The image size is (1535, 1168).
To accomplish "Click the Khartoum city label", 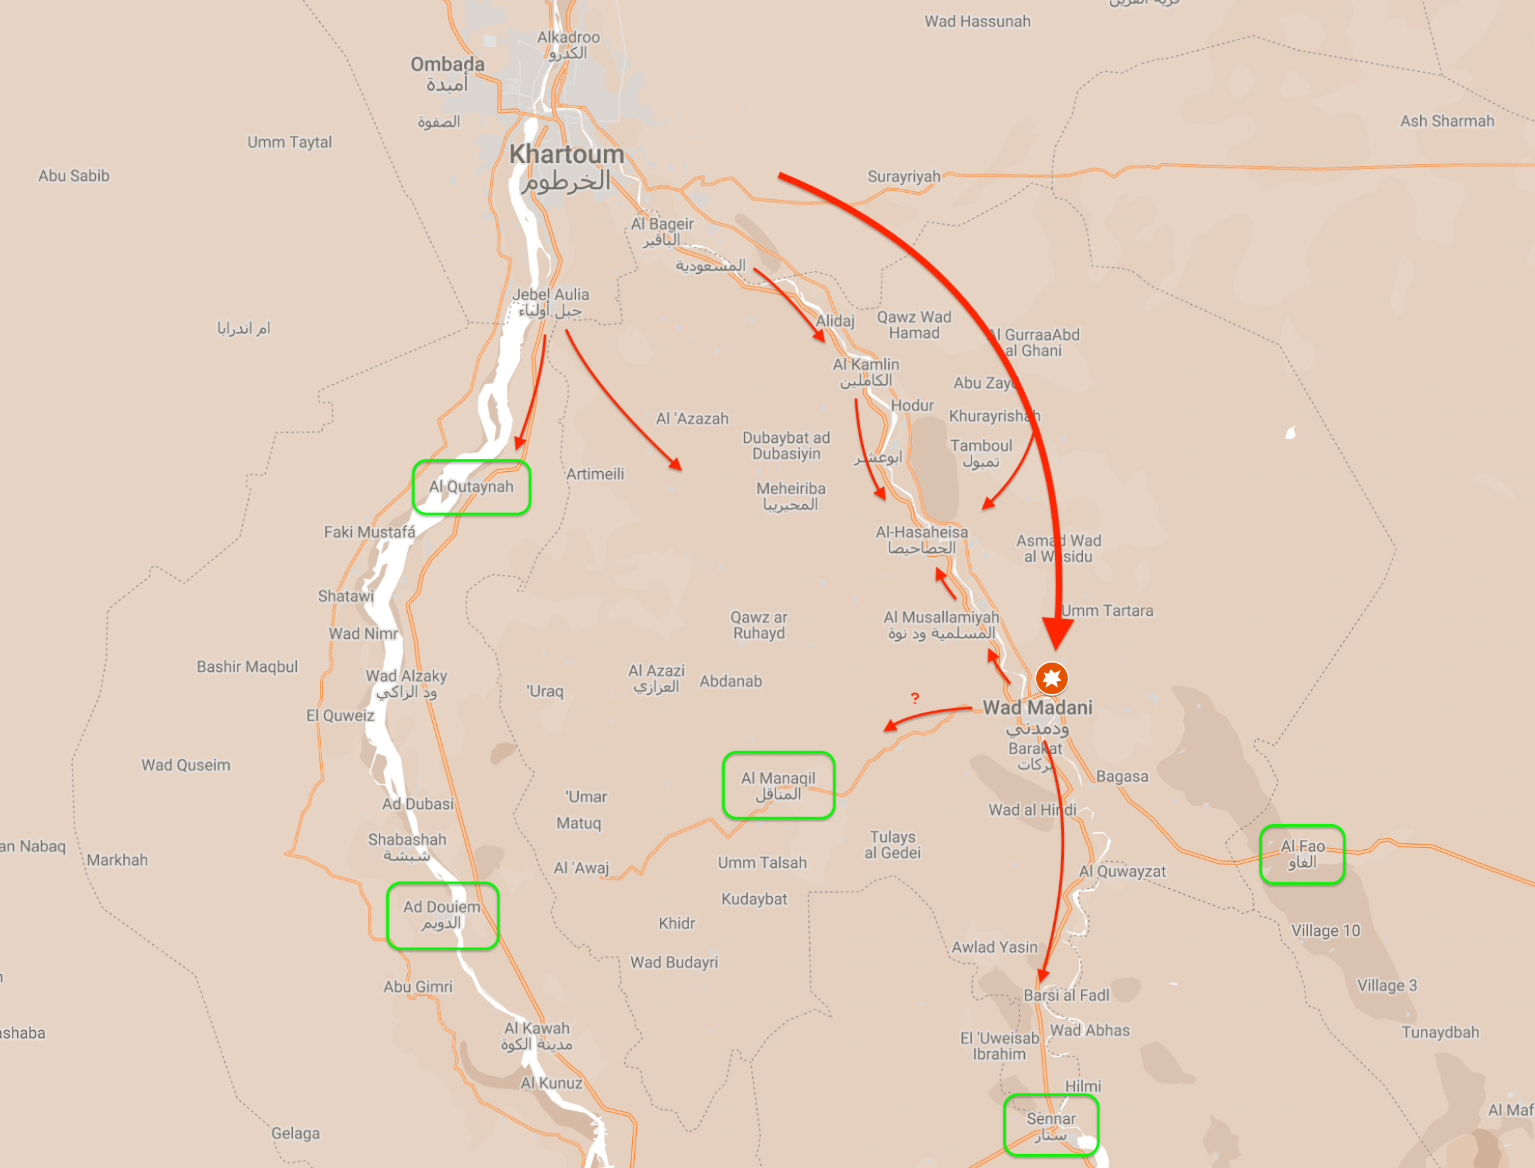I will click(x=567, y=167).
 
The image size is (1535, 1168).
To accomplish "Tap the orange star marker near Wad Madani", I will click(x=1052, y=678).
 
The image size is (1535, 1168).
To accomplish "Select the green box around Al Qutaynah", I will click(x=471, y=488).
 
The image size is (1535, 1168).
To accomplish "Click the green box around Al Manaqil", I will click(x=779, y=785).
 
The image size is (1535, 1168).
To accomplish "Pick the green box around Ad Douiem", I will click(x=442, y=915).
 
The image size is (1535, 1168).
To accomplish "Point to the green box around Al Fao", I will click(x=1302, y=855).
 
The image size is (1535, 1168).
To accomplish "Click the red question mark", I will click(x=915, y=698).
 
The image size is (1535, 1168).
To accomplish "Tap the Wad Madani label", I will click(x=1037, y=708).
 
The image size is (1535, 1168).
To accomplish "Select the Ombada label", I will click(x=447, y=74).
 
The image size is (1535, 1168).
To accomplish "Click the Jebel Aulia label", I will click(x=550, y=302).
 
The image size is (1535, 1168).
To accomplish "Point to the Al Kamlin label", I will click(x=866, y=372).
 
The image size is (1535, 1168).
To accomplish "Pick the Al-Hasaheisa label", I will click(x=921, y=540).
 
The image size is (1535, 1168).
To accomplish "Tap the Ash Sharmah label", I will click(x=1447, y=121).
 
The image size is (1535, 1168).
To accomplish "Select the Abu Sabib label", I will click(x=74, y=176).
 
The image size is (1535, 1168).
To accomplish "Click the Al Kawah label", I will click(x=537, y=1035).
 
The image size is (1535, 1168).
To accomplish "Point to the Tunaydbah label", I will click(x=1440, y=1032).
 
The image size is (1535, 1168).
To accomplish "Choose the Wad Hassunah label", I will click(x=977, y=22).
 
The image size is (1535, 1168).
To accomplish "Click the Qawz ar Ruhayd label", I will click(x=758, y=625).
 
